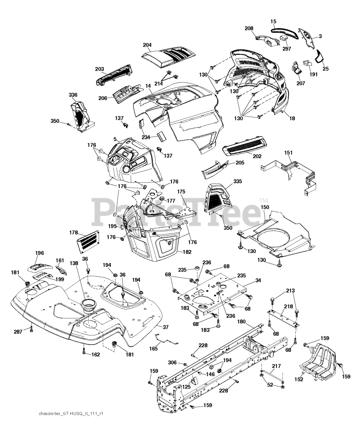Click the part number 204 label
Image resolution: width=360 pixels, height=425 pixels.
coord(147,45)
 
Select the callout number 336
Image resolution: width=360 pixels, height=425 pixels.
coord(73,95)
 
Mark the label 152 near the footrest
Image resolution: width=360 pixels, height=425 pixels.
coord(299,380)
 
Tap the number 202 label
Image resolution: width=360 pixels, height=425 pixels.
coord(257,156)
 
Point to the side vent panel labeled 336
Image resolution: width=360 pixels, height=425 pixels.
coord(81,115)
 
